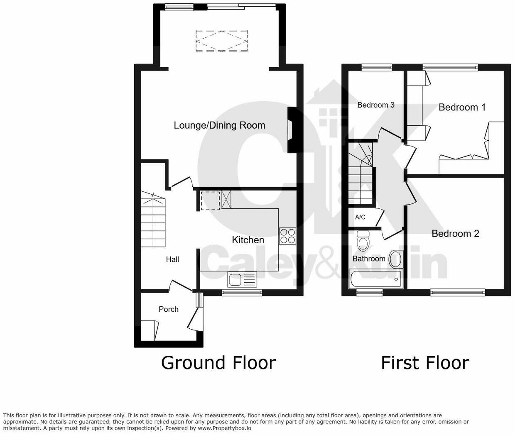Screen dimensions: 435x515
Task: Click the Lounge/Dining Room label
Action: click(219, 125)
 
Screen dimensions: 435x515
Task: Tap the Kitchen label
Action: click(248, 240)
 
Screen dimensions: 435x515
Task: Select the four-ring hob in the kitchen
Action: click(287, 236)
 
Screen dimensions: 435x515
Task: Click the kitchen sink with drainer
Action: click(243, 279)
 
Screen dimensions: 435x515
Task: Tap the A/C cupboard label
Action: click(360, 217)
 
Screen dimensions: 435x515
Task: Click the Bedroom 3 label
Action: click(376, 105)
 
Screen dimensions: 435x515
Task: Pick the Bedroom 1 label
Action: click(462, 108)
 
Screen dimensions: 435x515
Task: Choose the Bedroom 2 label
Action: click(455, 234)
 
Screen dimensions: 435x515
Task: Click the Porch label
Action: click(169, 309)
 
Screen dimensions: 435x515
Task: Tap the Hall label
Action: click(172, 259)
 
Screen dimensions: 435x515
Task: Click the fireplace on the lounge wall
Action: click(292, 130)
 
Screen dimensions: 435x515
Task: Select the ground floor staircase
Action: click(153, 220)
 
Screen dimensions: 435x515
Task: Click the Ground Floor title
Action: click(218, 363)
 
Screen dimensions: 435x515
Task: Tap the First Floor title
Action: click(425, 363)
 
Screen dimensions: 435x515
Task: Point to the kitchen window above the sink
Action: click(242, 293)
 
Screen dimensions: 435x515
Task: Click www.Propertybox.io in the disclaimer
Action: click(225, 428)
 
